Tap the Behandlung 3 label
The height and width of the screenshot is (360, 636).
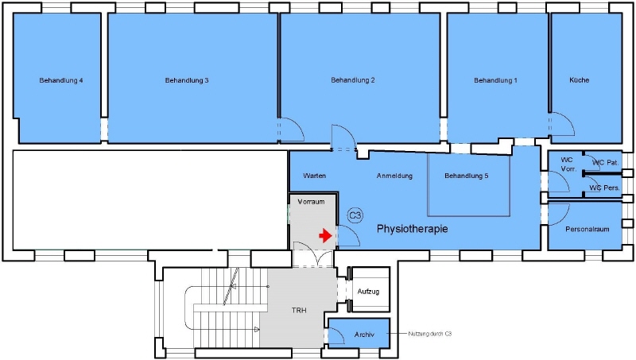tap(187, 80)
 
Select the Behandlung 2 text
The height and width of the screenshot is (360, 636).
tap(353, 80)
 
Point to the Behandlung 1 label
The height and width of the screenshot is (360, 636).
tap(495, 80)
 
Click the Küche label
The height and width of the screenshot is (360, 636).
tap(579, 80)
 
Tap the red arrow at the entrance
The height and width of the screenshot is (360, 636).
tap(324, 235)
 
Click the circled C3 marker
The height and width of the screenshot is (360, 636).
tap(355, 215)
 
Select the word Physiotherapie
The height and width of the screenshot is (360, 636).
tap(412, 229)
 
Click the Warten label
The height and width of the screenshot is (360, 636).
tap(315, 176)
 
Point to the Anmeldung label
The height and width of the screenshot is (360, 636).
tap(394, 176)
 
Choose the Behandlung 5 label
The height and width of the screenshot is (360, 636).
tap(467, 176)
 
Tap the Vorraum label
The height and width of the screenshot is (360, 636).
tap(311, 203)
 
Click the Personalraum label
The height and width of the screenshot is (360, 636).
tap(588, 230)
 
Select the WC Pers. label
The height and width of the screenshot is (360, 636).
tap(606, 188)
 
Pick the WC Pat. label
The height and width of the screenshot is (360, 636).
tap(606, 162)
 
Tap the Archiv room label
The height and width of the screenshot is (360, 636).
tap(364, 335)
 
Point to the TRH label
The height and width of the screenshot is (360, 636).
tap(298, 310)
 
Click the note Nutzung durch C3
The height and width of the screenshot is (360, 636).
tap(430, 334)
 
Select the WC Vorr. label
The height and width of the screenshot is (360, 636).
tap(567, 164)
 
